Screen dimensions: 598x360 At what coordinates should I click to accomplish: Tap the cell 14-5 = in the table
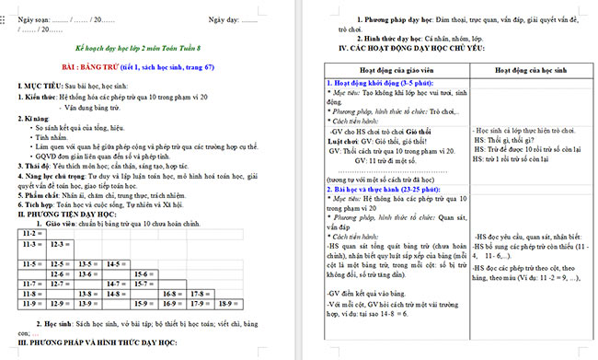(x=117, y=263)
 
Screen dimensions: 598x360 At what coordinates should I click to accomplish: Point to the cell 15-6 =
(x=144, y=273)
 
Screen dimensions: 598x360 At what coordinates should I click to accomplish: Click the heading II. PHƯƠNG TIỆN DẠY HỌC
(x=74, y=215)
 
